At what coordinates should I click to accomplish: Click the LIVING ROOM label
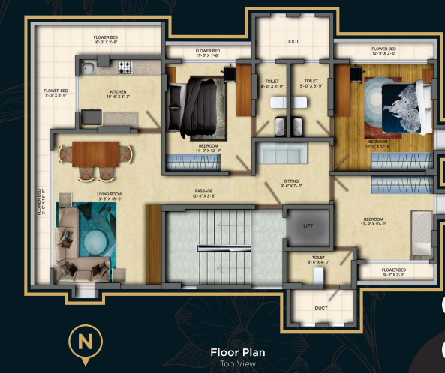[x=110, y=196]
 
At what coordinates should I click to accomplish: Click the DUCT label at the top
[x=293, y=43]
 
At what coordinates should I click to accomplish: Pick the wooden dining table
[x=95, y=153]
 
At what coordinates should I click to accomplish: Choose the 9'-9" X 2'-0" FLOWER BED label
[x=393, y=272]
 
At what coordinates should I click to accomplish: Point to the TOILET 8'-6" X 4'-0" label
[x=318, y=259]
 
